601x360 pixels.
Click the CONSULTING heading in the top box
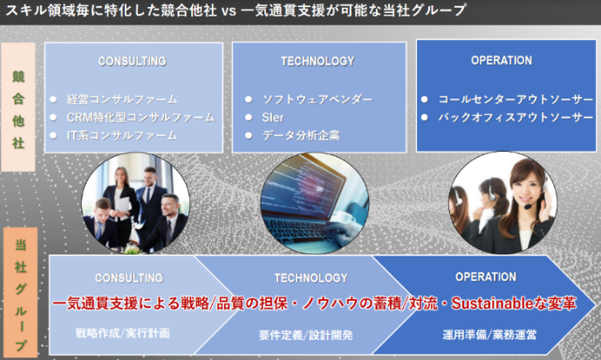(133, 61)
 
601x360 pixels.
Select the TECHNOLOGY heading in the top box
(318, 61)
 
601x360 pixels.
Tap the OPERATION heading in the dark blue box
(502, 60)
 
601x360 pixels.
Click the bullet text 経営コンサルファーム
(122, 99)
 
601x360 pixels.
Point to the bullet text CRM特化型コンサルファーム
(140, 117)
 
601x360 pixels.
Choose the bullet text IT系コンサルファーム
(122, 135)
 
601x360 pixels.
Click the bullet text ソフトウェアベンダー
(318, 99)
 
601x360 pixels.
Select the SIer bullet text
(273, 118)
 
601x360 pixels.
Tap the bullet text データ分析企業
(301, 135)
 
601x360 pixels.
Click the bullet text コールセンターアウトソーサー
(516, 99)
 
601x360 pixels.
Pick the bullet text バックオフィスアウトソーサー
(516, 117)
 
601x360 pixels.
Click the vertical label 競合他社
(18, 110)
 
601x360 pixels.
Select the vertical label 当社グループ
(21, 295)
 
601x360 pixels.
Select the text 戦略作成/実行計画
(123, 333)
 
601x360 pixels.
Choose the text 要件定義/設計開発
(305, 335)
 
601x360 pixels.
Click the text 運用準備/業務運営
(489, 335)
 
